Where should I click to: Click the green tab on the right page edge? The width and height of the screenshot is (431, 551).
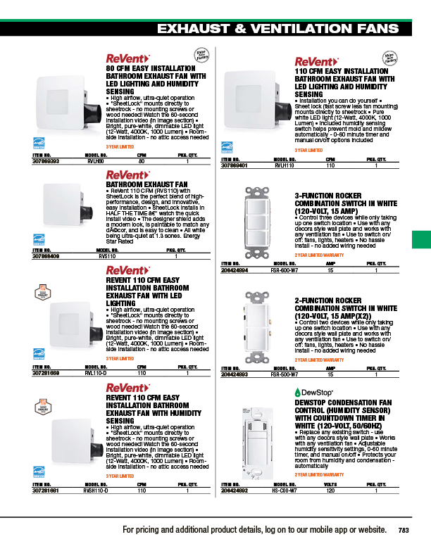(420, 239)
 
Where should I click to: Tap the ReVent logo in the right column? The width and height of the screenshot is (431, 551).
(316, 61)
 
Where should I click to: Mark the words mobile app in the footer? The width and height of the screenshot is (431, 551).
(299, 530)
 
